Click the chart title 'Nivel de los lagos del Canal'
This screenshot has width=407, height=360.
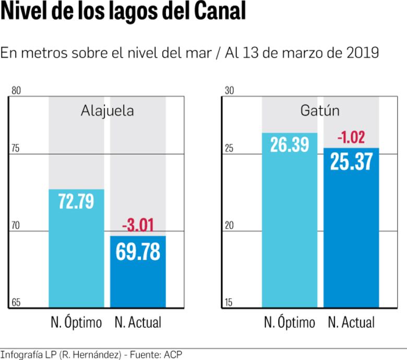click(123, 13)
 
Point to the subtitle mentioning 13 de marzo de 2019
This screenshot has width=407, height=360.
click(189, 53)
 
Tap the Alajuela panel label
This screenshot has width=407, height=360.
click(107, 111)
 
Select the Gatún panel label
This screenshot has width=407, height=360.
click(320, 111)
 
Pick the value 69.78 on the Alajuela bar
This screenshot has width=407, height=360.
click(138, 251)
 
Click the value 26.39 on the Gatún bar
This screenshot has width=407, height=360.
click(290, 145)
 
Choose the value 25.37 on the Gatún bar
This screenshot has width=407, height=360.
click(351, 162)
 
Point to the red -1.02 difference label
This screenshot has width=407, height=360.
click(351, 138)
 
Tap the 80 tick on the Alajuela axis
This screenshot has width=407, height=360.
click(16, 91)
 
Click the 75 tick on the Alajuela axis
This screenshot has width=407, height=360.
click(16, 149)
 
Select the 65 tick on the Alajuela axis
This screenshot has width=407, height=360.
click(16, 303)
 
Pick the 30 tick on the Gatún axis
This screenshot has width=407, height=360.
click(229, 91)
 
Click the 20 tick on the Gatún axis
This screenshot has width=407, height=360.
click(229, 226)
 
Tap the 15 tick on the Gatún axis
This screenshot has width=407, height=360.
click(229, 303)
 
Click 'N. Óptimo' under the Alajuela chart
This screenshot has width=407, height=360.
click(76, 322)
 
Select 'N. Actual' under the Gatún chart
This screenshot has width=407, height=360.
click(351, 322)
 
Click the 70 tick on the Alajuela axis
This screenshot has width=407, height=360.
click(16, 226)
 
